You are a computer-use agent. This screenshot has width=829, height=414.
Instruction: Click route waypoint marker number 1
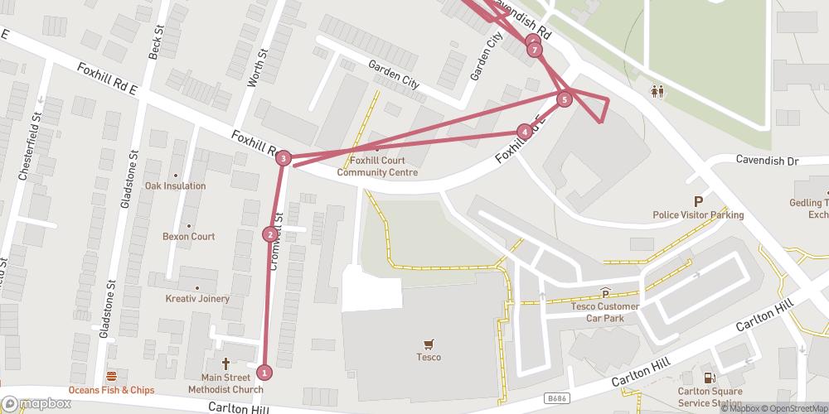pyautogui.click(x=264, y=372)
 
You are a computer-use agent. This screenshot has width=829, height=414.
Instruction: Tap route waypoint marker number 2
pyautogui.click(x=269, y=234)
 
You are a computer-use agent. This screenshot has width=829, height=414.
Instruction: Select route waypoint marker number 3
pyautogui.click(x=284, y=158)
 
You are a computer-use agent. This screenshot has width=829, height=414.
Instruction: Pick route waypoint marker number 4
pyautogui.click(x=524, y=131)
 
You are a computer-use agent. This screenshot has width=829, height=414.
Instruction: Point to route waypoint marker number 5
pyautogui.click(x=565, y=100)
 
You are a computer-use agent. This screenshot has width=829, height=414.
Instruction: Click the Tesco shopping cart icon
pyautogui.click(x=429, y=344)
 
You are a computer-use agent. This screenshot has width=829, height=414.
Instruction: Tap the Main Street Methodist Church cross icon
pyautogui.click(x=225, y=363)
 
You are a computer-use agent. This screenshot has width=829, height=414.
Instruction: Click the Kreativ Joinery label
pyautogui.click(x=196, y=297)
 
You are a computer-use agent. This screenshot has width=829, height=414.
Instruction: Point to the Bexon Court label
pyautogui.click(x=189, y=237)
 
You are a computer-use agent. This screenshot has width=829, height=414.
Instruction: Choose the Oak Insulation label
pyautogui.click(x=175, y=185)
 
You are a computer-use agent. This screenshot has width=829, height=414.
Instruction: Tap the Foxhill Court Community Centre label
pyautogui.click(x=377, y=166)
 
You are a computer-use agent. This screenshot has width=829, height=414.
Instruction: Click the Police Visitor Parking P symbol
pyautogui.click(x=698, y=201)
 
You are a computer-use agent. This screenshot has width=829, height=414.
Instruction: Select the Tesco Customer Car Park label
pyautogui.click(x=605, y=311)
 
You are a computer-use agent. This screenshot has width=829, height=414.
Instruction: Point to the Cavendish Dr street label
pyautogui.click(x=766, y=159)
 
